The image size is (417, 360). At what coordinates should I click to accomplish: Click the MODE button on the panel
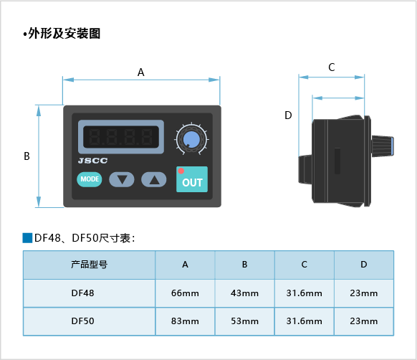pyautogui.click(x=90, y=179)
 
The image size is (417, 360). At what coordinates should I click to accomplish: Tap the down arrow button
pyautogui.click(x=122, y=179)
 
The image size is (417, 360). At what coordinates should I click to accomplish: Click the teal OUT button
pyautogui.click(x=192, y=179)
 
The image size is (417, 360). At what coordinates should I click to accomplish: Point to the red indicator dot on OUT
pyautogui.click(x=181, y=171)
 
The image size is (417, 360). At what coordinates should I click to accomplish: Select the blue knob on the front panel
pyautogui.click(x=191, y=139)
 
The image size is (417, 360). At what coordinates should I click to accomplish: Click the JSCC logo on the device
pyautogui.click(x=93, y=161)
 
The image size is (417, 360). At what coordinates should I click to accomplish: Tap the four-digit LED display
pyautogui.click(x=121, y=137)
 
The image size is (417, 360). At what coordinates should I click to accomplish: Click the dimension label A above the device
pyautogui.click(x=141, y=72)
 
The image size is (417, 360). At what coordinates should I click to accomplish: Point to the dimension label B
pyautogui.click(x=27, y=156)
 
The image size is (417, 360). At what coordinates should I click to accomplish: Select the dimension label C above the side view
pyautogui.click(x=331, y=67)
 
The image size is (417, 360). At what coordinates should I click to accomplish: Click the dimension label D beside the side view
pyautogui.click(x=288, y=115)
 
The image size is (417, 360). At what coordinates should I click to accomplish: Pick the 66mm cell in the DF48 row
pyautogui.click(x=185, y=293)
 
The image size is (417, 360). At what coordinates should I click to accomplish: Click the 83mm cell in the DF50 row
pyautogui.click(x=185, y=321)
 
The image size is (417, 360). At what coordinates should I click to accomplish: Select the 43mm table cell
pyautogui.click(x=244, y=293)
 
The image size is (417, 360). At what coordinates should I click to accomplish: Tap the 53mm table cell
pyautogui.click(x=244, y=321)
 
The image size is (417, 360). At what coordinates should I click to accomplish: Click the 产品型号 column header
pyautogui.click(x=89, y=265)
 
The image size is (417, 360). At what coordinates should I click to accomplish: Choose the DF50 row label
pyautogui.click(x=82, y=321)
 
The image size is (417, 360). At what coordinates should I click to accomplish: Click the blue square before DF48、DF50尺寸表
pyautogui.click(x=27, y=238)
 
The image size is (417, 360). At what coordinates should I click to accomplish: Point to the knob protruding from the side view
pyautogui.click(x=383, y=146)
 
